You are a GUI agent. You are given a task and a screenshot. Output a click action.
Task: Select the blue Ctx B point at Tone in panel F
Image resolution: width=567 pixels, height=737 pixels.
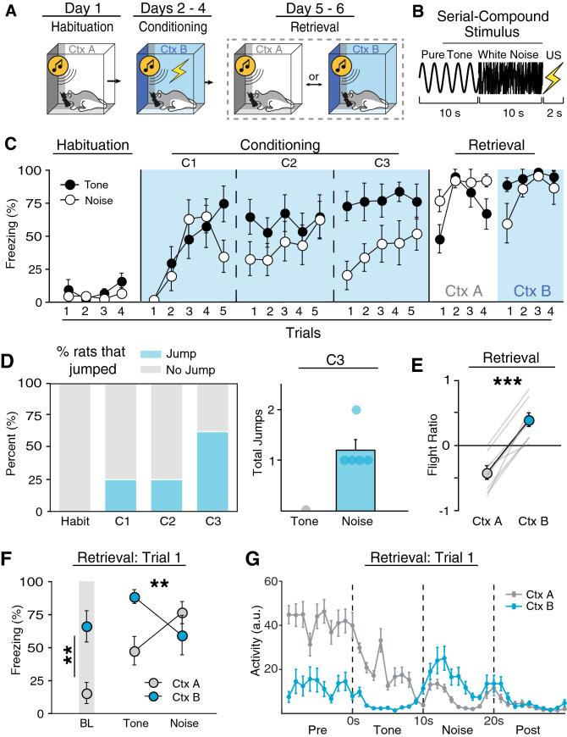[x=134, y=621]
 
